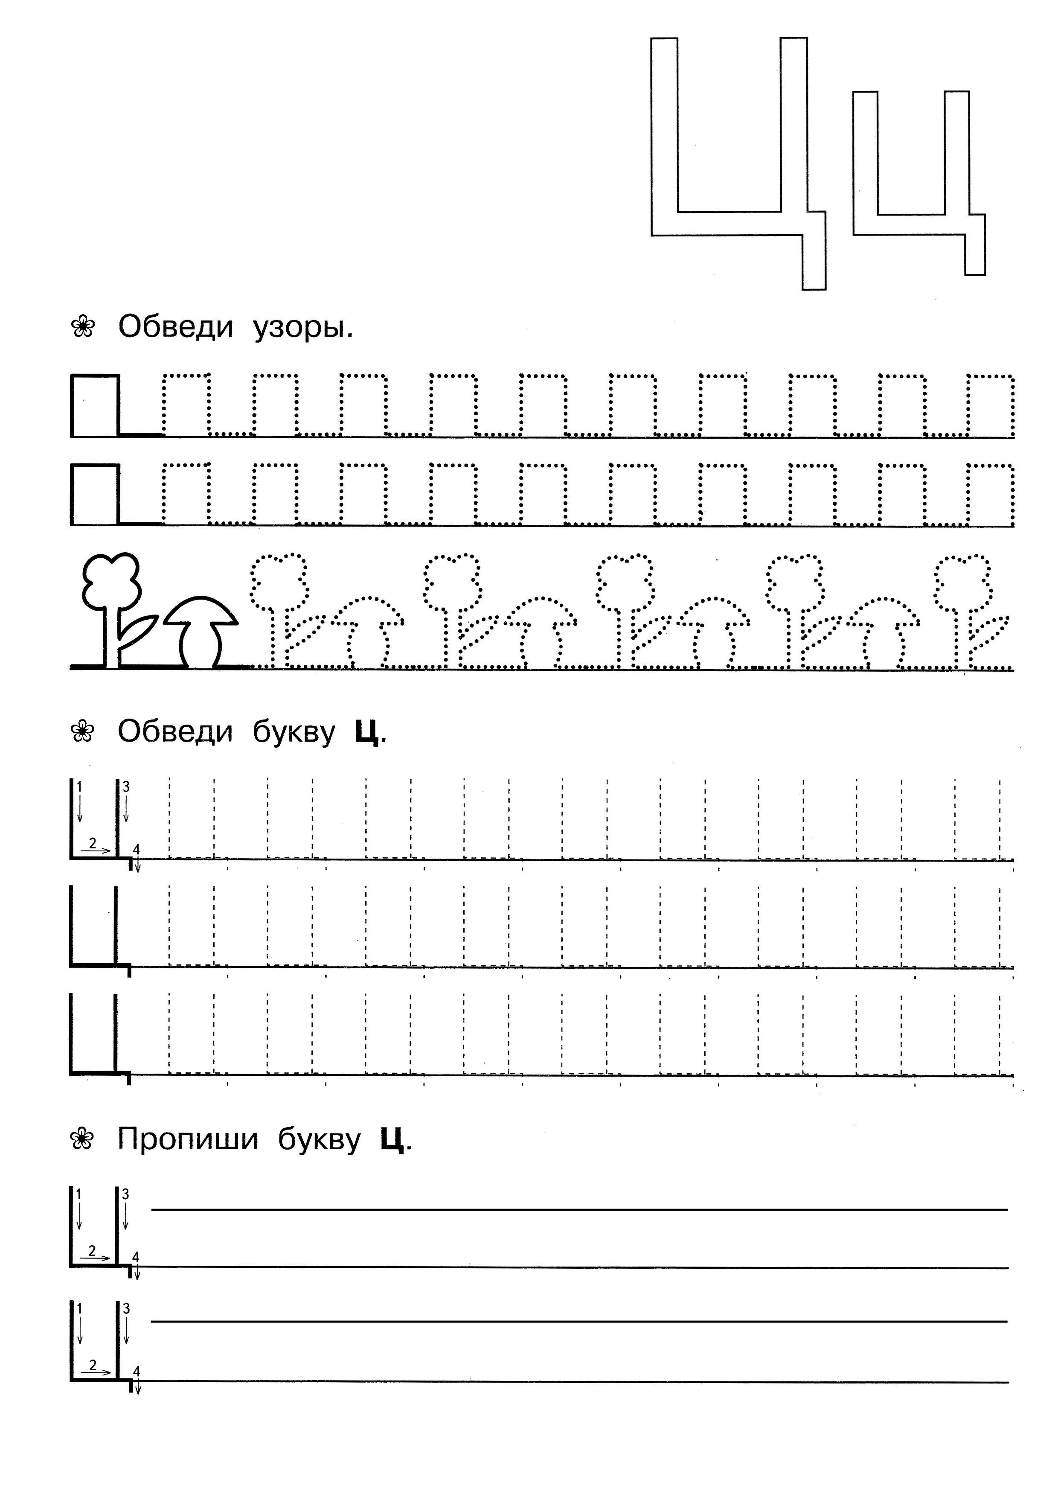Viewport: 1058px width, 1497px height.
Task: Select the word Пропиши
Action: [188, 1139]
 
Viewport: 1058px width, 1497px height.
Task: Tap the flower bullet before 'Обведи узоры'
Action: [83, 326]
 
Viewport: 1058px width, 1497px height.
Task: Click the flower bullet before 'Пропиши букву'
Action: [83, 1139]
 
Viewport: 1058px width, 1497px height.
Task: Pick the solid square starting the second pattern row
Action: [95, 494]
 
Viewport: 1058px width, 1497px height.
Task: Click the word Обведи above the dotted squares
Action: [175, 326]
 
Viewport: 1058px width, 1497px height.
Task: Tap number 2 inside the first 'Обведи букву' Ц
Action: [92, 843]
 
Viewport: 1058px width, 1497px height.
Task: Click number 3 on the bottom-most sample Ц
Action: [126, 1308]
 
